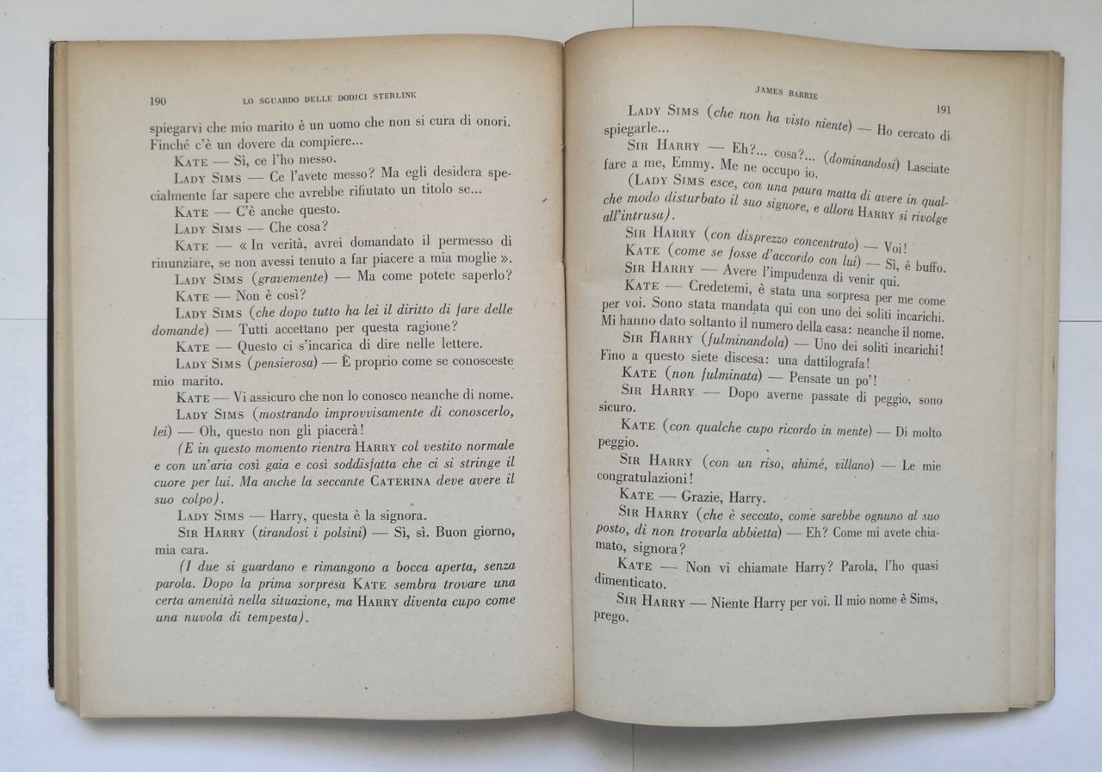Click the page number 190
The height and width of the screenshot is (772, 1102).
click(x=158, y=101)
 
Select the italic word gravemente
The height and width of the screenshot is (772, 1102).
click(x=286, y=280)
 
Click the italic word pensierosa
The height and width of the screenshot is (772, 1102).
click(x=284, y=363)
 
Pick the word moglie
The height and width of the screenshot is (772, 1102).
click(x=470, y=262)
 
